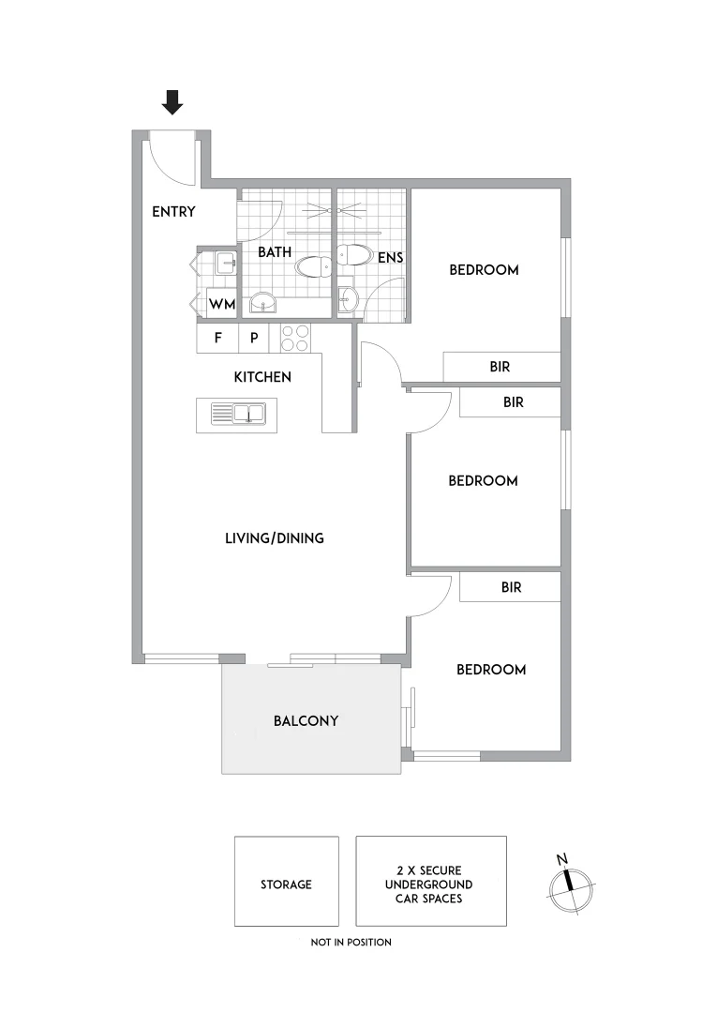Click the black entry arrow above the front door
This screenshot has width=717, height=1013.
tap(172, 101)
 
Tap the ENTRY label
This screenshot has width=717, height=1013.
tap(173, 212)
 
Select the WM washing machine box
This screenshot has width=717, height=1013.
tap(221, 305)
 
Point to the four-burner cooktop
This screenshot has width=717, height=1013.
tap(296, 338)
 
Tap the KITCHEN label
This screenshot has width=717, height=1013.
tap(262, 377)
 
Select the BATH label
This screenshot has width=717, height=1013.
tap(275, 252)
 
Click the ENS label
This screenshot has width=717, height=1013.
tap(390, 257)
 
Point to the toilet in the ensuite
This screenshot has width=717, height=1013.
tap(354, 254)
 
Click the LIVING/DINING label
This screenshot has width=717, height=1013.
tap(275, 538)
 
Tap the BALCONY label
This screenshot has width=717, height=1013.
tap(306, 721)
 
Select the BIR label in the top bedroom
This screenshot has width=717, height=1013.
tap(500, 367)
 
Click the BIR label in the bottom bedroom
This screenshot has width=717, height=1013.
tap(512, 588)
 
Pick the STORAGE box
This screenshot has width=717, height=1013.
tap(286, 882)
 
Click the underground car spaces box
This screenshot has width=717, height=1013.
tap(430, 882)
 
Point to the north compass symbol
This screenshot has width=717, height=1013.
tap(568, 884)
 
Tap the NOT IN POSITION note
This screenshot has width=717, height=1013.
tap(351, 942)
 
